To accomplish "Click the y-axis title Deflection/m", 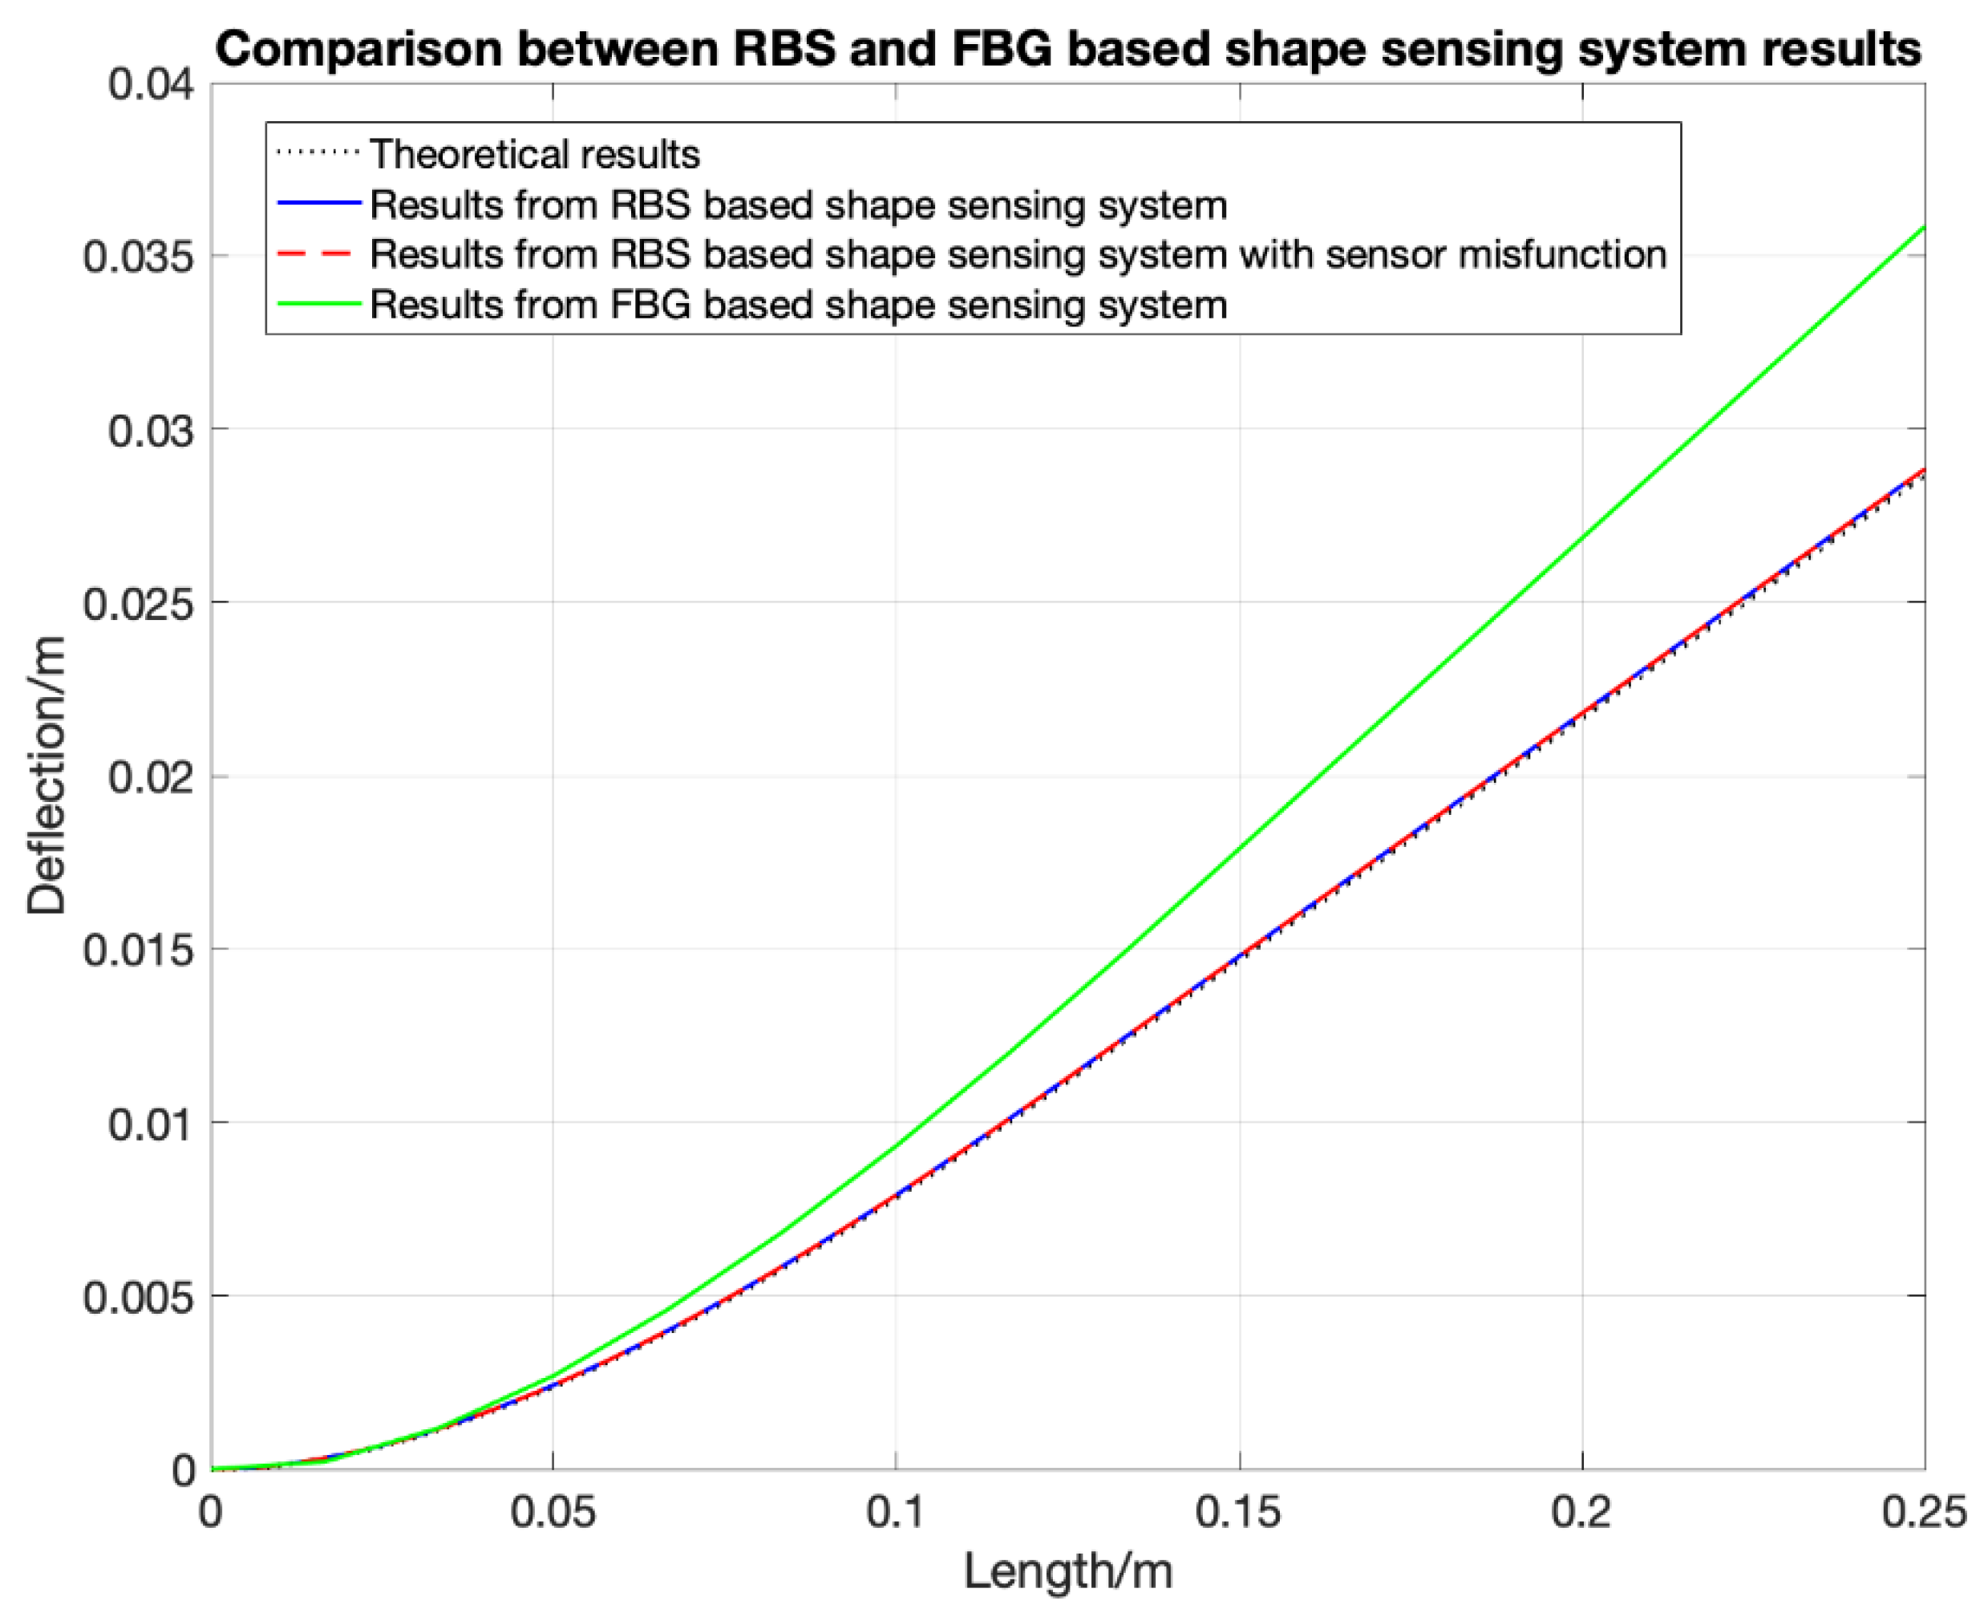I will point(47,775).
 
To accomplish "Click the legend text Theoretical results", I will point(534,154).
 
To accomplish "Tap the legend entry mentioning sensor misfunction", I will point(1018,254).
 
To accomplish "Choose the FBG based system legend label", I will point(798,305).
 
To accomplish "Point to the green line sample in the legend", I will point(318,305).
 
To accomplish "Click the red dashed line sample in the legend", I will point(318,254).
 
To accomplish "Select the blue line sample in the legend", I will point(318,205).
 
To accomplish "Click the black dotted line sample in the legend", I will point(318,154).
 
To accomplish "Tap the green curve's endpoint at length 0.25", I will point(1924,228).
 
